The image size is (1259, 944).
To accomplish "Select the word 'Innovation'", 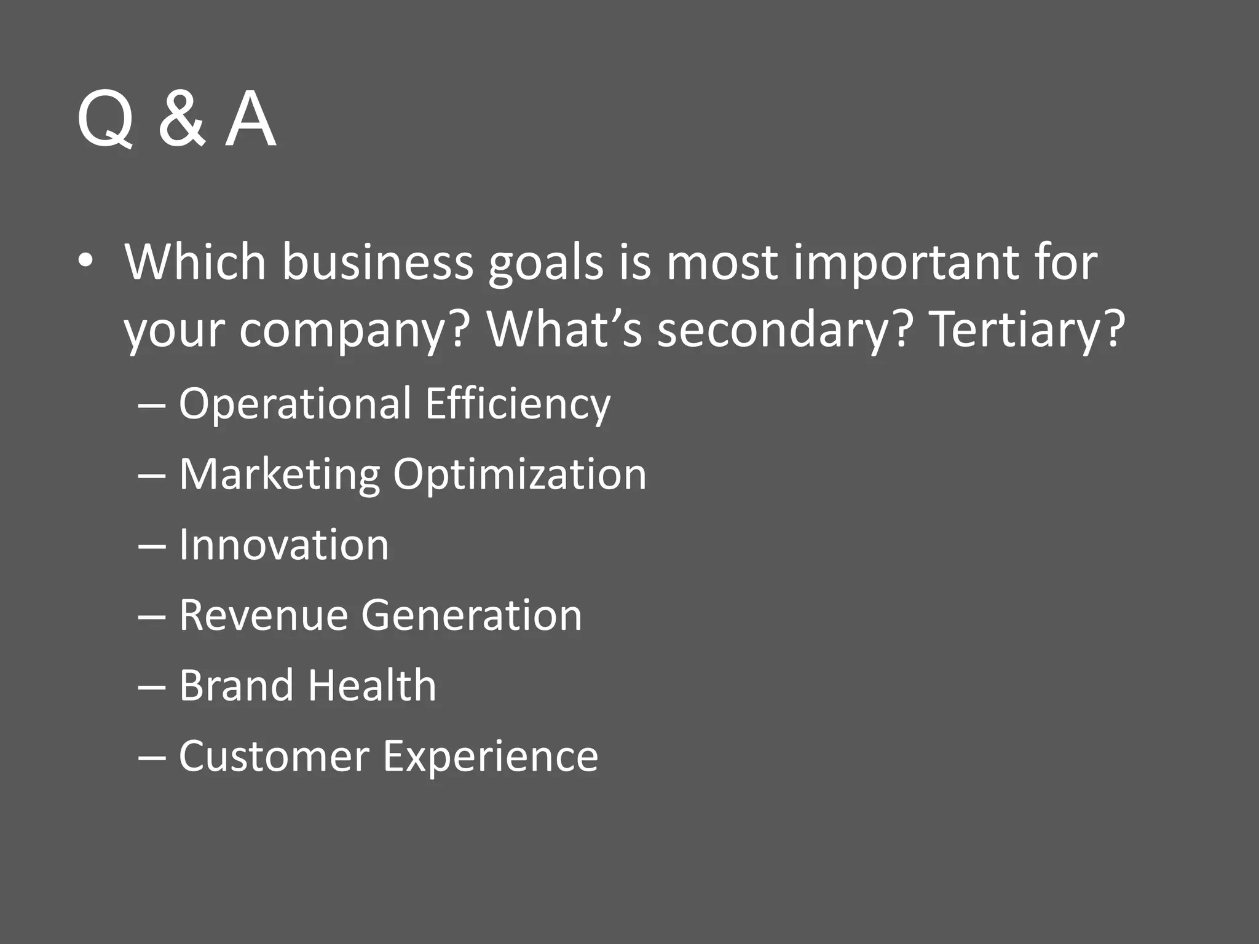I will (x=284, y=545).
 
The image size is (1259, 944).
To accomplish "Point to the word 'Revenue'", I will (x=264, y=615).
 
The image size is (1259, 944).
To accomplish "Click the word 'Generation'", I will (x=472, y=615).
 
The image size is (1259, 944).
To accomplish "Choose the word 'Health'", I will (x=372, y=685).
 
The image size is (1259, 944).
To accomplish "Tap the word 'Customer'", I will (x=274, y=756).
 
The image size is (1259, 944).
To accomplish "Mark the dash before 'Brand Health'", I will (x=152, y=687).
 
